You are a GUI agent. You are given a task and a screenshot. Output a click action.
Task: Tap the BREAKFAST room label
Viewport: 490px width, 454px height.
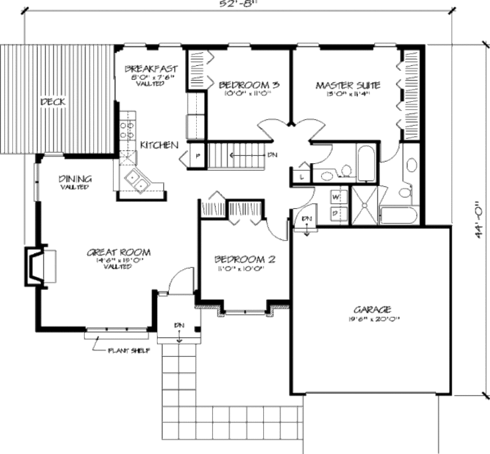[151, 68]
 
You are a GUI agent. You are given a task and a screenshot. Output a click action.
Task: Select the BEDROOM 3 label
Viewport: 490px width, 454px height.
[249, 85]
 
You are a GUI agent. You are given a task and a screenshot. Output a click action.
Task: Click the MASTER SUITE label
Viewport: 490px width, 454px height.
[348, 86]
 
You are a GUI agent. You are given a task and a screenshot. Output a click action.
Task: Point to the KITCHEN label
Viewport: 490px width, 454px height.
[159, 145]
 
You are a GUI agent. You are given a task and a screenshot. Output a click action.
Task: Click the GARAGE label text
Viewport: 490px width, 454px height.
[373, 309]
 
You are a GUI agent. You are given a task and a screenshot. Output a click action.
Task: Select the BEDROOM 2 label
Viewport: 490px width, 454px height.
[245, 260]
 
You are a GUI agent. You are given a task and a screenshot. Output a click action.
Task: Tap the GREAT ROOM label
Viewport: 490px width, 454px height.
[119, 252]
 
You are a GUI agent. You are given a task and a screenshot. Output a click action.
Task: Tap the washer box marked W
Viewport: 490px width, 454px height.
[335, 197]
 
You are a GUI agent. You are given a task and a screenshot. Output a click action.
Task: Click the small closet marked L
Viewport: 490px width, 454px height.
[301, 177]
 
